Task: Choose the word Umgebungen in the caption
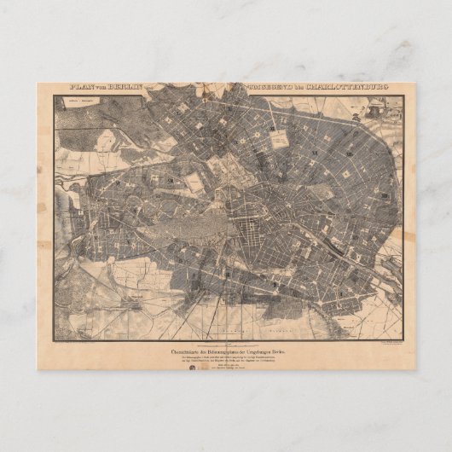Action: point(264,351)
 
